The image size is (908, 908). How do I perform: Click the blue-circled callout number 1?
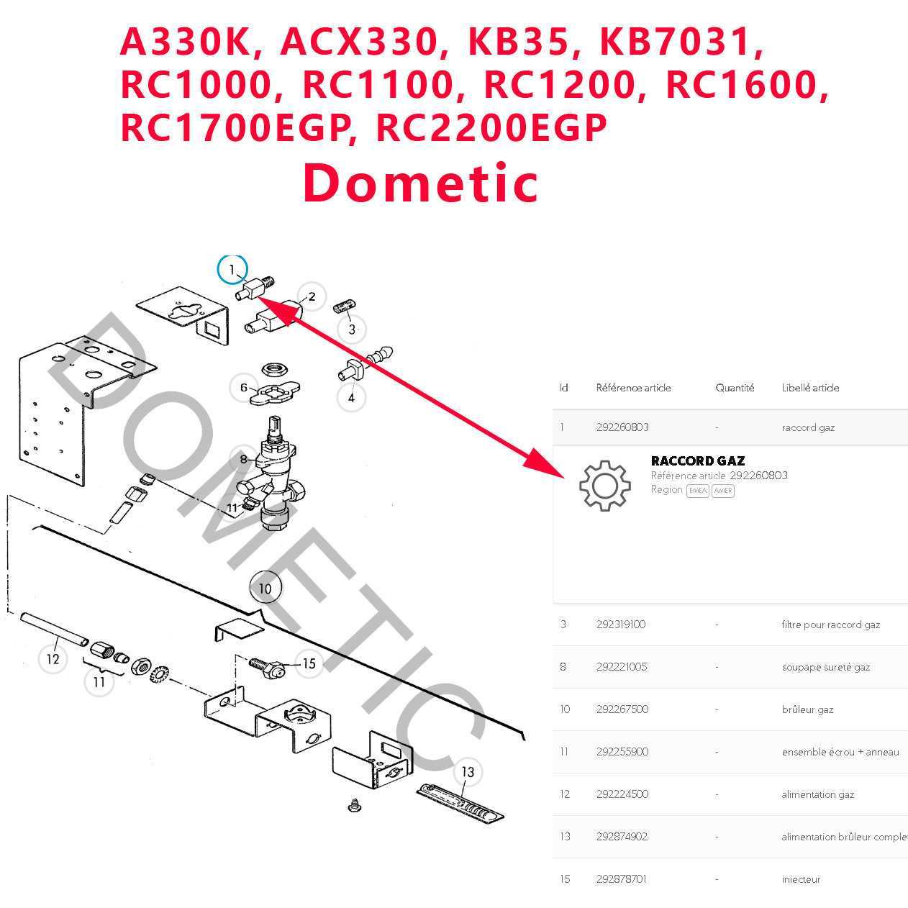point(232,270)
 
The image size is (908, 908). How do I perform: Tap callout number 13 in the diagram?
point(468,772)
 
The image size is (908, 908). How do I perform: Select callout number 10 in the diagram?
point(265,589)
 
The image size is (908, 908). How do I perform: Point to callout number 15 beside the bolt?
point(309,663)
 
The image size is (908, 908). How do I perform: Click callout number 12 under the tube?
point(53,659)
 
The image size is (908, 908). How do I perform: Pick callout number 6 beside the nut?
point(244,388)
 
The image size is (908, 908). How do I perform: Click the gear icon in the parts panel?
point(604,486)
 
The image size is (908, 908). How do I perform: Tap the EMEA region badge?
point(698,491)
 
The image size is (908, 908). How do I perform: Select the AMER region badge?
point(723,491)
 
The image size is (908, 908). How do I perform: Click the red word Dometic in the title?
point(421,183)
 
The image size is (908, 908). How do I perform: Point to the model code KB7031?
point(676,42)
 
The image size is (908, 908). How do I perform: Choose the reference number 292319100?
point(621,625)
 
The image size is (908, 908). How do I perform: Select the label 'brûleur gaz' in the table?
point(807,709)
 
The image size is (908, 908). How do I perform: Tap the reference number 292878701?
point(622,879)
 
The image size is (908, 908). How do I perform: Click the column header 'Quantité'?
point(735,388)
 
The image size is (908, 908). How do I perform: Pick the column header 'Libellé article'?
point(810,388)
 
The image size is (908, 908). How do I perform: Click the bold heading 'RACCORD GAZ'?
point(698,460)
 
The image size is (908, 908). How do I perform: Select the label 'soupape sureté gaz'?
point(826,667)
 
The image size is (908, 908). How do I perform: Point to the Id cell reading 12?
point(565,794)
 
